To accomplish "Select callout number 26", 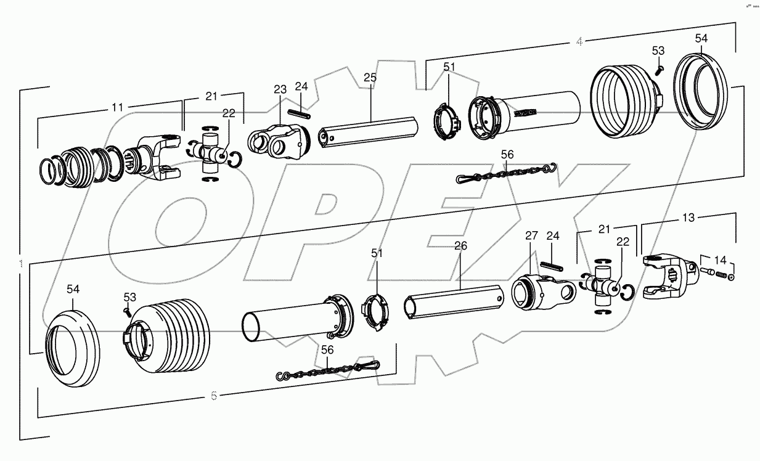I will [460, 246].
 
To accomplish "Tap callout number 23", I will [280, 89].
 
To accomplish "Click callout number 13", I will [688, 218].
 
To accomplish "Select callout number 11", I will [117, 107].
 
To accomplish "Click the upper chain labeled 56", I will [505, 173].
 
